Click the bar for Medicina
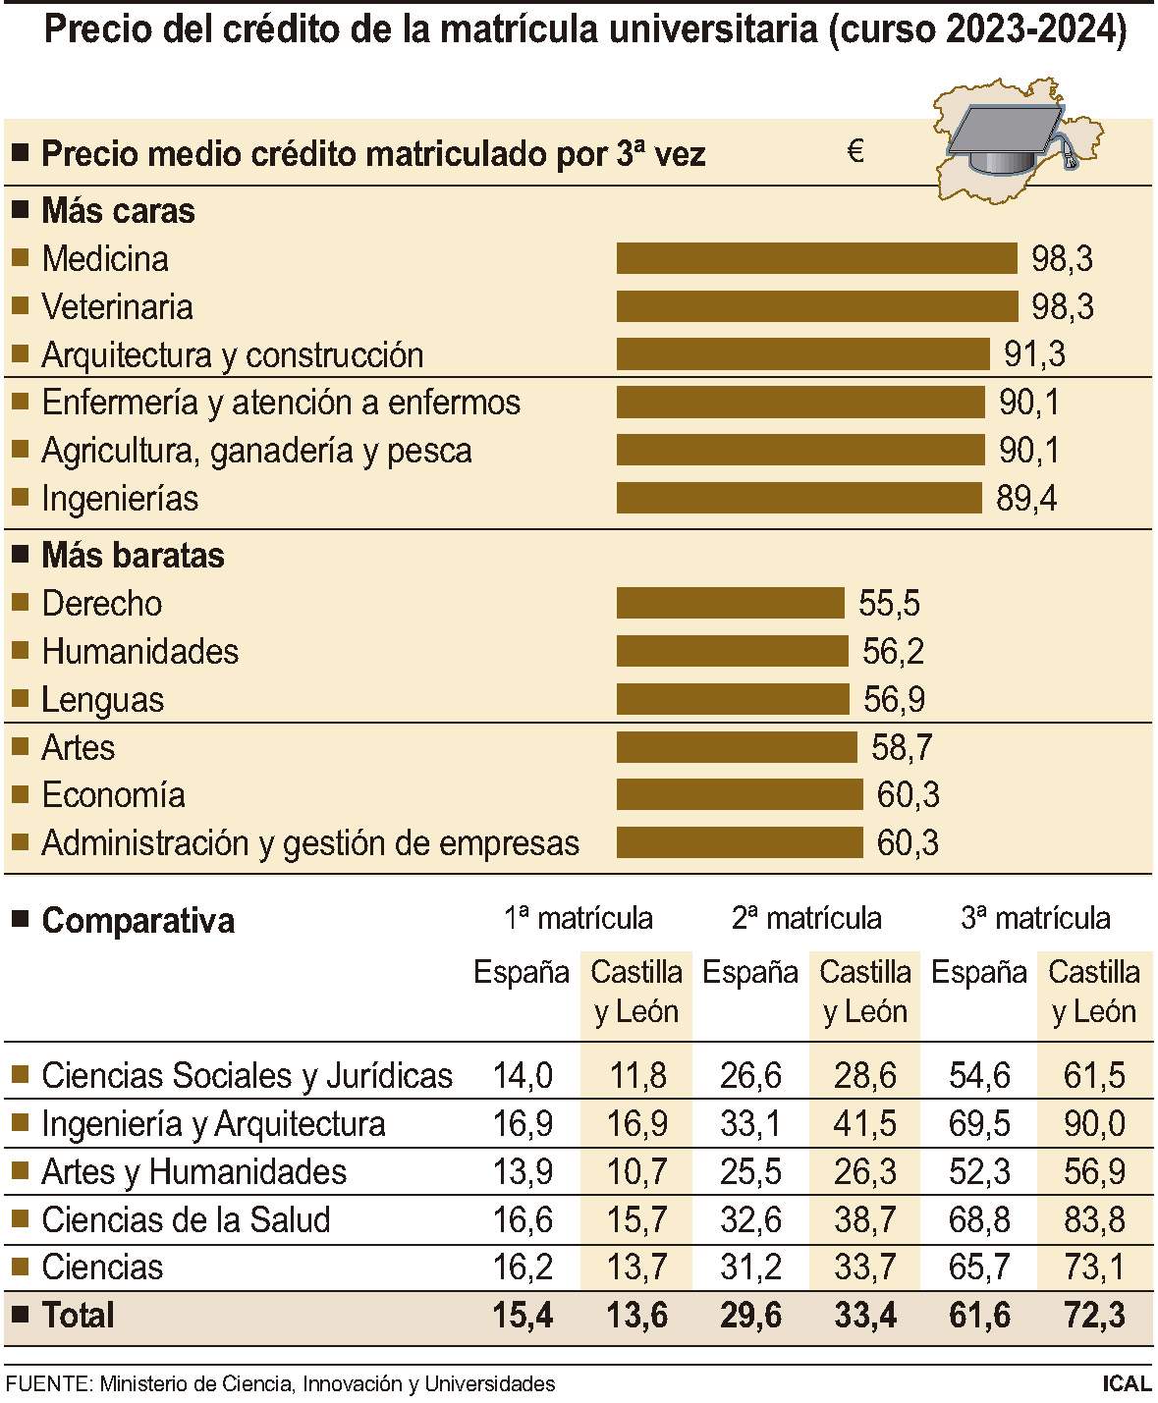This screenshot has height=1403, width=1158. (x=816, y=259)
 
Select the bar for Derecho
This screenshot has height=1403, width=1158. (x=730, y=603)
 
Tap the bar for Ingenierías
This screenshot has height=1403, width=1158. (x=799, y=498)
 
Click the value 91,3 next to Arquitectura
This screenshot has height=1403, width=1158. (x=1034, y=354)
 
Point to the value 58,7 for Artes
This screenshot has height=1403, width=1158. (x=902, y=747)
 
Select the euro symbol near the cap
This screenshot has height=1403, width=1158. (x=855, y=152)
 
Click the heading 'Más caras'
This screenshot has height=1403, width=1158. (x=118, y=211)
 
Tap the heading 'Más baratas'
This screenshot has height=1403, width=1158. (x=133, y=556)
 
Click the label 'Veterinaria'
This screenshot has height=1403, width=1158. (x=117, y=307)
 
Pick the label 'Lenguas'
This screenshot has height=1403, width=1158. (x=102, y=700)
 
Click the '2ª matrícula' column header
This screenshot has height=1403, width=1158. (x=806, y=919)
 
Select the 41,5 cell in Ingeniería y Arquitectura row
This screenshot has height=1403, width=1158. (x=864, y=1123)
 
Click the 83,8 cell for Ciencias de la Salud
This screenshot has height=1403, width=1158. (x=1094, y=1219)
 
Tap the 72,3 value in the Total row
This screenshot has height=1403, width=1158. (x=1094, y=1315)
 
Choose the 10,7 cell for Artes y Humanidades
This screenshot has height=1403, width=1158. (x=636, y=1171)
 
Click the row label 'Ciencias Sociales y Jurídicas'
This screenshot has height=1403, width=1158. (x=247, y=1076)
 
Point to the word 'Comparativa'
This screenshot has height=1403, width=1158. (x=138, y=921)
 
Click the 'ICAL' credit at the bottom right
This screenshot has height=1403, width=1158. (x=1126, y=1384)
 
